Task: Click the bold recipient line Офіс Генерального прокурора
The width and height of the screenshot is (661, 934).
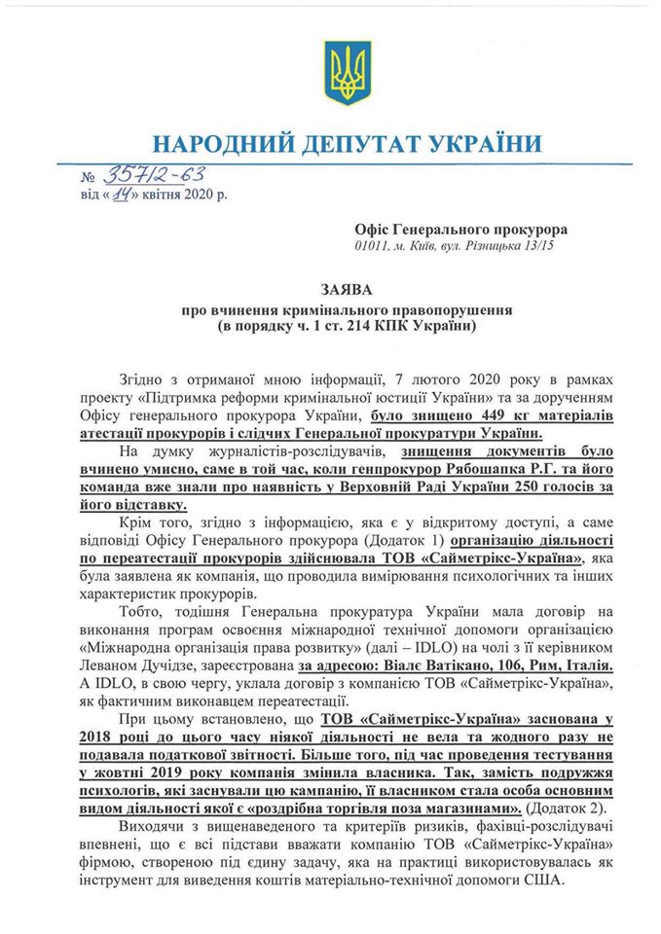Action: coord(461,229)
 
